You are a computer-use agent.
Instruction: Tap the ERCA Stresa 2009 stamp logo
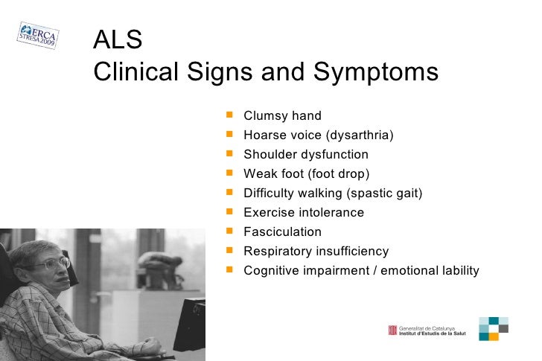tap(37, 34)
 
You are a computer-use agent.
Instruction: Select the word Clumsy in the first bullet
tap(264, 116)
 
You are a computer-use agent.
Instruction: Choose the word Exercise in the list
tap(270, 213)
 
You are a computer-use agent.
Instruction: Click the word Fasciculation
tap(282, 232)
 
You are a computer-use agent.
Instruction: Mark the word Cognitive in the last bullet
tap(272, 271)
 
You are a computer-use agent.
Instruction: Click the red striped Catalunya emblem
tap(392, 330)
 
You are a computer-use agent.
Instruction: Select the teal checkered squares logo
tap(493, 328)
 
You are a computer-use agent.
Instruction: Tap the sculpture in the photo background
tap(160, 268)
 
